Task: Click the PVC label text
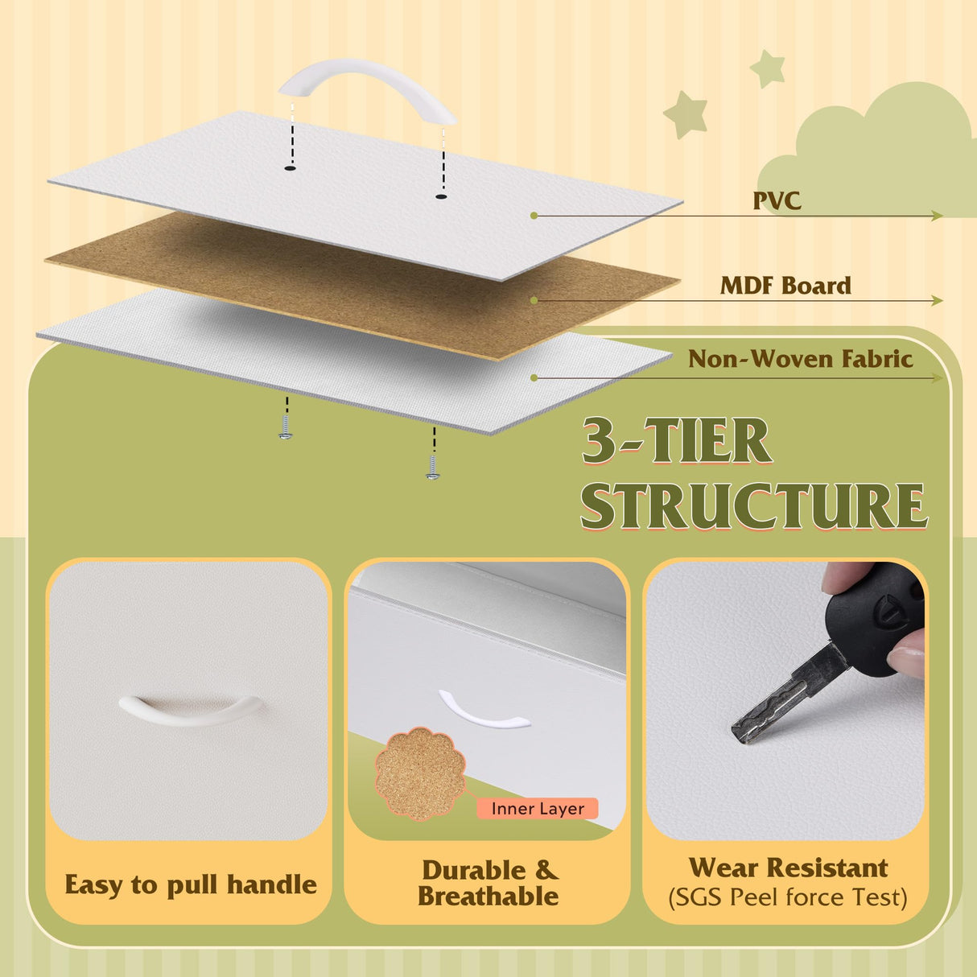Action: pyautogui.click(x=777, y=200)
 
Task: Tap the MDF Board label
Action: pyautogui.click(x=785, y=286)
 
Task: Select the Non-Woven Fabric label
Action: pyautogui.click(x=801, y=359)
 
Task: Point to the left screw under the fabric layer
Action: pyautogui.click(x=286, y=427)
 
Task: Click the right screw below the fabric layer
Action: pyautogui.click(x=432, y=468)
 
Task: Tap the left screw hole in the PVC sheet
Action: pyautogui.click(x=290, y=168)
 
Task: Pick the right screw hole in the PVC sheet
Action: pyautogui.click(x=441, y=196)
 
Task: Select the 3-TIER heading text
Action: pyautogui.click(x=676, y=440)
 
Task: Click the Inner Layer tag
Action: pyautogui.click(x=538, y=809)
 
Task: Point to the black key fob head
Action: pyautogui.click(x=873, y=620)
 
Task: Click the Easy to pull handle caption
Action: pyautogui.click(x=191, y=884)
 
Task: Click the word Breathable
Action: pyautogui.click(x=488, y=897)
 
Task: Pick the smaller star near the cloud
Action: pyautogui.click(x=768, y=68)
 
